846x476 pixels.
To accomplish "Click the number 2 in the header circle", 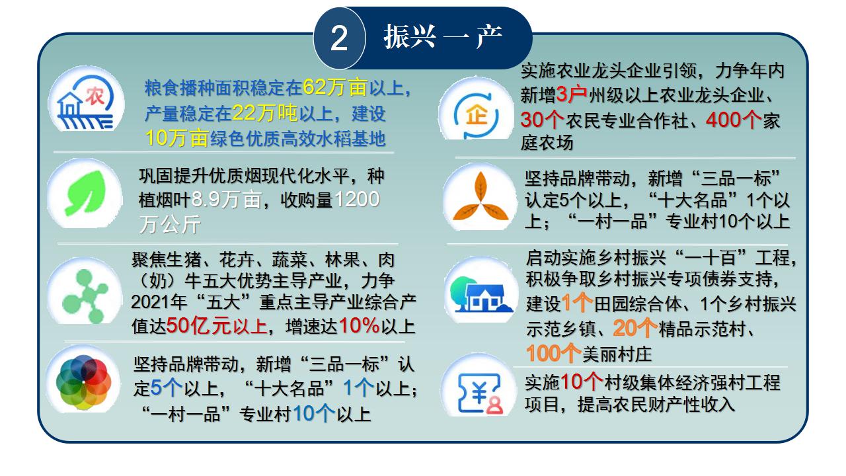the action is click(x=339, y=38).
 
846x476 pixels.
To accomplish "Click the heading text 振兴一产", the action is click(x=443, y=36).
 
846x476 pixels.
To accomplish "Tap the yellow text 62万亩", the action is click(x=334, y=87).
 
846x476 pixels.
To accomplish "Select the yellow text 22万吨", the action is click(x=265, y=112).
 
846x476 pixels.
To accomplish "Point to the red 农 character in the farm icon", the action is click(x=95, y=96).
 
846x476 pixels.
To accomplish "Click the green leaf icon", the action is click(x=86, y=193).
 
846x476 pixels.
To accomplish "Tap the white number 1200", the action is click(x=357, y=199).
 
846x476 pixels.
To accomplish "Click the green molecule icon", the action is click(x=85, y=296).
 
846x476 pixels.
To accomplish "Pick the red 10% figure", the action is click(x=359, y=325).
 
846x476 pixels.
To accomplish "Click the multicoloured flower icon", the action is click(x=83, y=382).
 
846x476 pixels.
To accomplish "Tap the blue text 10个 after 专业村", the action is click(x=314, y=414).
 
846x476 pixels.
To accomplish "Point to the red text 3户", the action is click(x=572, y=95).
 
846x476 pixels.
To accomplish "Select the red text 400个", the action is click(x=734, y=120).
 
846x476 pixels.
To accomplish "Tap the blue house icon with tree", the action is click(x=481, y=294).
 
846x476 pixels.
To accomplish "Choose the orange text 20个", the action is click(x=635, y=329).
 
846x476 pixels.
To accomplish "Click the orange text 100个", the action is click(x=554, y=354).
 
